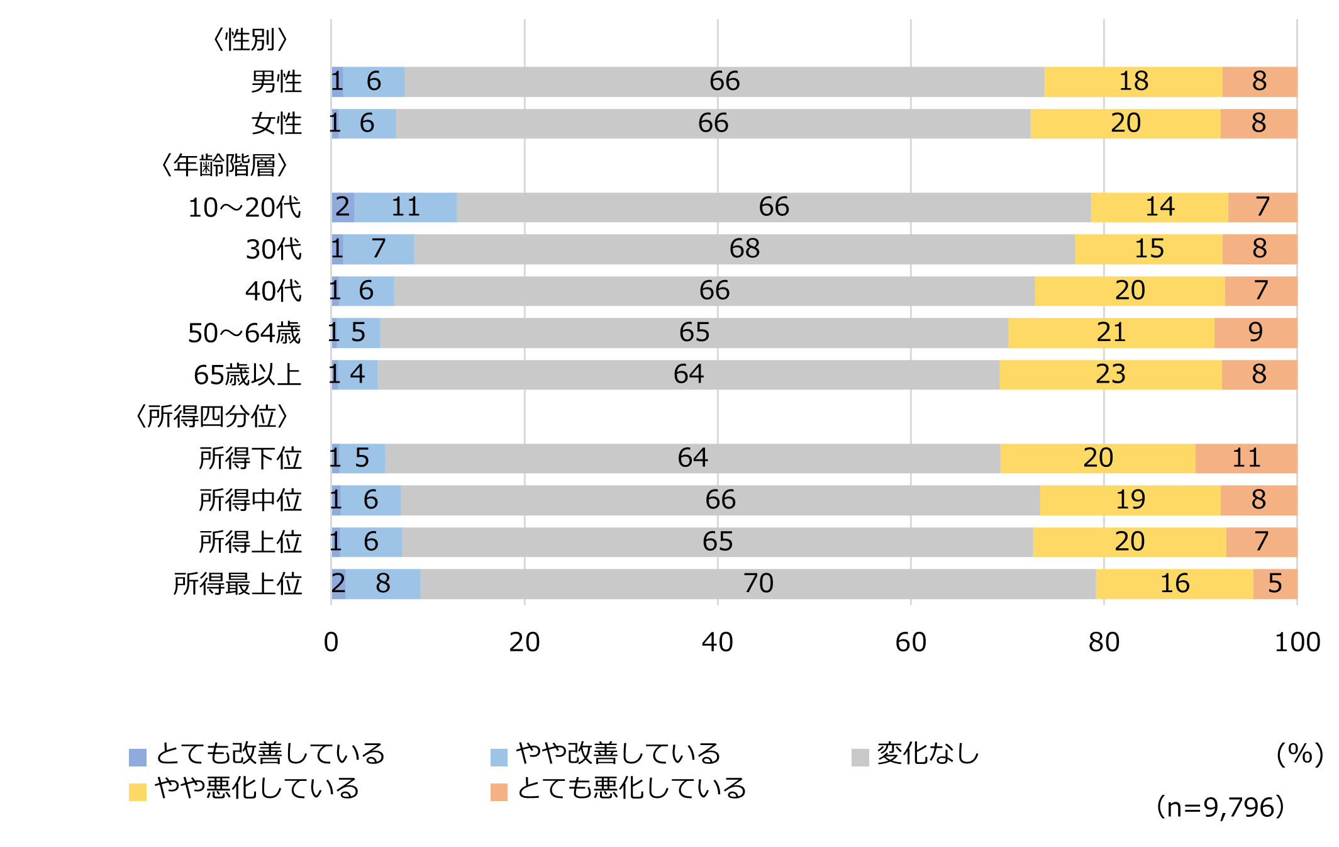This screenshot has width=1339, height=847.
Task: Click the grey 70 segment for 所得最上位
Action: pyautogui.click(x=758, y=584)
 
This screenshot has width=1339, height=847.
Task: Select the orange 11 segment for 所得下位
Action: pyautogui.click(x=1246, y=458)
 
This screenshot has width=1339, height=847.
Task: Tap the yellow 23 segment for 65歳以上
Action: pyautogui.click(x=1110, y=374)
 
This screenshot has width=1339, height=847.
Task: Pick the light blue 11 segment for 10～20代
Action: pyautogui.click(x=406, y=207)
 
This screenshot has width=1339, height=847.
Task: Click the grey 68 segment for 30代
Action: pyautogui.click(x=745, y=249)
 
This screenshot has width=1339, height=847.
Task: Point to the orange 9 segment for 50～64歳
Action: pyautogui.click(x=1255, y=333)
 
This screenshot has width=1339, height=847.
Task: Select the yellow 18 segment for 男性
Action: pyautogui.click(x=1133, y=82)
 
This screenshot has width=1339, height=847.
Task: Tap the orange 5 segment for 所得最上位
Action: pyautogui.click(x=1275, y=584)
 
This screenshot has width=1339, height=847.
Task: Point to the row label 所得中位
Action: pyautogui.click(x=250, y=500)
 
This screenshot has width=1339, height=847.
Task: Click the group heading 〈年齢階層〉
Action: pyautogui.click(x=225, y=165)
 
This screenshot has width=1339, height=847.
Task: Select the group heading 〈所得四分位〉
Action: pyautogui.click(x=213, y=417)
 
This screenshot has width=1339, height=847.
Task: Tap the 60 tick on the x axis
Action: pyautogui.click(x=911, y=642)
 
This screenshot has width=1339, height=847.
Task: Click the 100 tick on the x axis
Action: pyautogui.click(x=1297, y=642)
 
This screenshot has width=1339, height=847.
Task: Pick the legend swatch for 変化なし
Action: pyautogui.click(x=860, y=757)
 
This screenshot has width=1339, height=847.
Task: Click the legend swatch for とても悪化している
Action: pyautogui.click(x=499, y=792)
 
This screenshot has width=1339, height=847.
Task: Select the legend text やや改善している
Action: pyautogui.click(x=618, y=754)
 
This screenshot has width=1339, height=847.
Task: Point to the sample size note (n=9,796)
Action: pyautogui.click(x=1220, y=807)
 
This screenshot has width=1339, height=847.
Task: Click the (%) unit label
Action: pyautogui.click(x=1299, y=754)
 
